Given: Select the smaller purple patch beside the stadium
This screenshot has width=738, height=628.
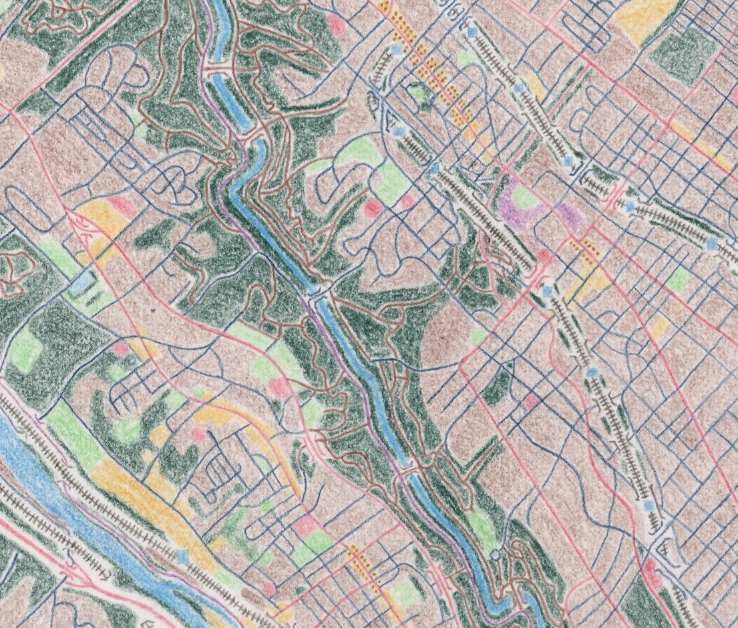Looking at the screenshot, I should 568,213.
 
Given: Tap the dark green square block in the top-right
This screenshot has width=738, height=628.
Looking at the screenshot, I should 681,50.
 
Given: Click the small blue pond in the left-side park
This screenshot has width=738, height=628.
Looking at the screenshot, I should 81,284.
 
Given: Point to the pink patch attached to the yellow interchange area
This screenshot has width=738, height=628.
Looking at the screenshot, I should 121,204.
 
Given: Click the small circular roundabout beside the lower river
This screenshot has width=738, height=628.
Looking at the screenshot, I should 495,553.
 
